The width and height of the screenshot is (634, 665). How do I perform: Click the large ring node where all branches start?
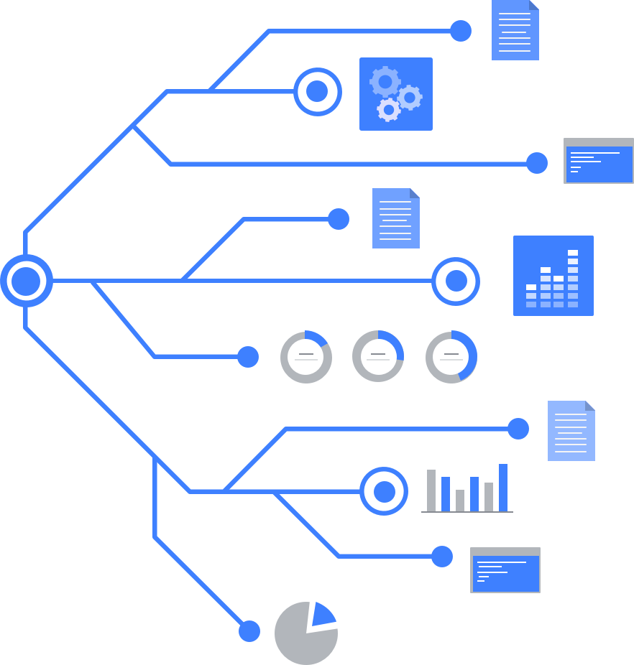(x=27, y=280)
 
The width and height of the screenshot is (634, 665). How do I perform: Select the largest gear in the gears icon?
(x=385, y=82)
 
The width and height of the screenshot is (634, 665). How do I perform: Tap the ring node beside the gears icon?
(x=317, y=91)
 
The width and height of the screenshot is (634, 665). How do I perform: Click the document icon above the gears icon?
(x=515, y=30)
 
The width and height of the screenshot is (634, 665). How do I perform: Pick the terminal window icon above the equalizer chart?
(x=599, y=161)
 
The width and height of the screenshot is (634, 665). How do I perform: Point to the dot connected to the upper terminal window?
(x=536, y=163)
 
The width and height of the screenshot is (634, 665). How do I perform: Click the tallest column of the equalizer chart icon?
(x=573, y=279)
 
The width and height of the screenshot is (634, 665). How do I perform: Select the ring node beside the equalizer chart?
(x=456, y=281)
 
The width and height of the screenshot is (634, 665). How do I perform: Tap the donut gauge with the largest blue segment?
(x=451, y=356)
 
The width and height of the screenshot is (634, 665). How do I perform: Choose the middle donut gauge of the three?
(x=378, y=356)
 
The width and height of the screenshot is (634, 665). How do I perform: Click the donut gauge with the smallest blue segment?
(x=306, y=356)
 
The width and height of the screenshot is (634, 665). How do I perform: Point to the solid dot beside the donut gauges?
(x=248, y=356)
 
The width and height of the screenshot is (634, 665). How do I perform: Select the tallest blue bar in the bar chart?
(x=503, y=487)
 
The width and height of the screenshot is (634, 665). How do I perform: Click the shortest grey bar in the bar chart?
(x=460, y=500)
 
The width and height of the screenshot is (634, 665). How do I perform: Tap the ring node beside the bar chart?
(x=384, y=491)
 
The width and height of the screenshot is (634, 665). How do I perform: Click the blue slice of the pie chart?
(x=322, y=615)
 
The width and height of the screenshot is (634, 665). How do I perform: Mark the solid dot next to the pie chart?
(x=249, y=631)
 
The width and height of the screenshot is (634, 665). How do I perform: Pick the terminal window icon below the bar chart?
(x=505, y=570)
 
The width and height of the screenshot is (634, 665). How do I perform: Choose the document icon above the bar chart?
(x=571, y=430)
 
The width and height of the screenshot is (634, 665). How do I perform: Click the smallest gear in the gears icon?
(x=389, y=110)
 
